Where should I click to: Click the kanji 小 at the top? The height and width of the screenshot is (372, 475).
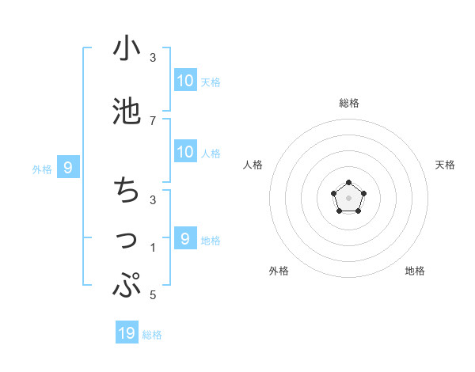[x=127, y=49]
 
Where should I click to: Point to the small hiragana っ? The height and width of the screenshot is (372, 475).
[x=127, y=241]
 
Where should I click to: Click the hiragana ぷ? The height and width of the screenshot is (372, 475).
[x=127, y=286]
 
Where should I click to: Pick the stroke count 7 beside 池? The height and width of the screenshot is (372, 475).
[x=153, y=120]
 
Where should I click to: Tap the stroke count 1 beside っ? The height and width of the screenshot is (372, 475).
[x=153, y=248]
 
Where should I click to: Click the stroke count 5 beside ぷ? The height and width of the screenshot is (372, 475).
[x=153, y=295]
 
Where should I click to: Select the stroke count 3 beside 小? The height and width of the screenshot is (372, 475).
[x=153, y=58]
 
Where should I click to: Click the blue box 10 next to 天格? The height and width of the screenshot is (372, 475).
[x=185, y=81]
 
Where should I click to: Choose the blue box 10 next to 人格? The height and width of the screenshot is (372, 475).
[x=185, y=152]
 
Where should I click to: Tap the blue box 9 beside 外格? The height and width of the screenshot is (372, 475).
[x=69, y=168]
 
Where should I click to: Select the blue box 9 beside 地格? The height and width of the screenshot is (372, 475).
[x=185, y=239]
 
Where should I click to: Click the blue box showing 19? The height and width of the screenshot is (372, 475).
[x=127, y=333]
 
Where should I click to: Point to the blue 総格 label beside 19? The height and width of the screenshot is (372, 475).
[x=152, y=335]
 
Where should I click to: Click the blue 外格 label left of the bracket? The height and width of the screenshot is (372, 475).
[x=42, y=169]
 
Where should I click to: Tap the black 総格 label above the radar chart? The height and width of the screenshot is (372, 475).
[x=349, y=103]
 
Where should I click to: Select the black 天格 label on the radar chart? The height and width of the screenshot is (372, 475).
[x=446, y=165]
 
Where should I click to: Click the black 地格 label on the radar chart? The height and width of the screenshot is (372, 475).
[x=415, y=271]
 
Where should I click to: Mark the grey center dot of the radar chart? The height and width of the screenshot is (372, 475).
[x=349, y=197]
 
